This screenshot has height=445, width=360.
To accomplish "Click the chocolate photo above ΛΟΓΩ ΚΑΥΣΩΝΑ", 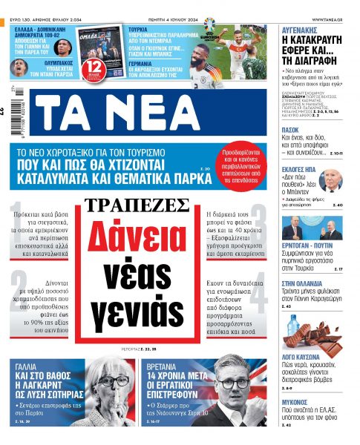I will [312, 333].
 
